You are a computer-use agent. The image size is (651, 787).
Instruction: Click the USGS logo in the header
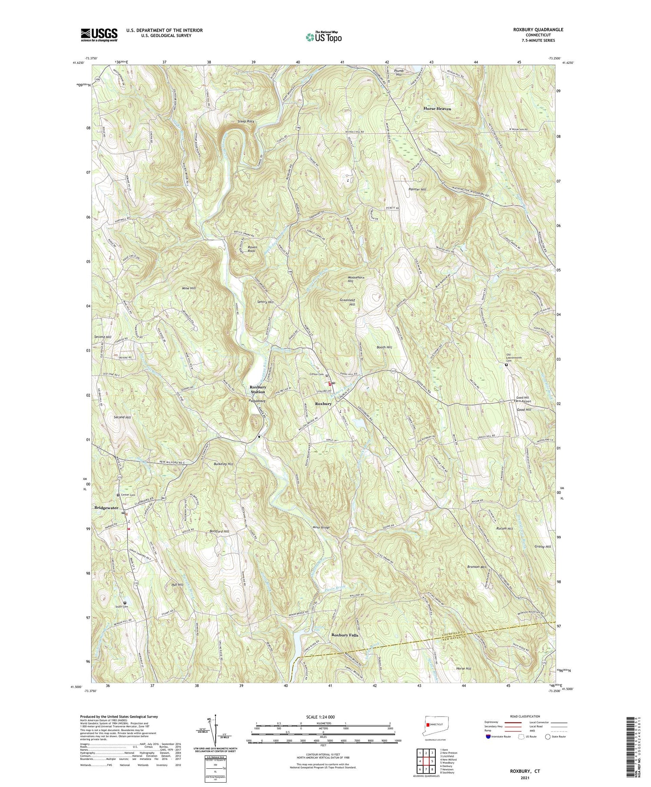click(x=99, y=35)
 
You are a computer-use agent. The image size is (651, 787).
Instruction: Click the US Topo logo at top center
click(x=324, y=37)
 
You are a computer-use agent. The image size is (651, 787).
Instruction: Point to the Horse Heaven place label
click(x=437, y=109)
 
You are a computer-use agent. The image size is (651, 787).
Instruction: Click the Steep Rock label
click(x=246, y=121)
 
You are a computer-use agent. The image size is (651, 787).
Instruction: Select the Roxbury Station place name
click(x=257, y=389)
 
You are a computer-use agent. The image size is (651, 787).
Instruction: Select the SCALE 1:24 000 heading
click(x=323, y=717)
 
